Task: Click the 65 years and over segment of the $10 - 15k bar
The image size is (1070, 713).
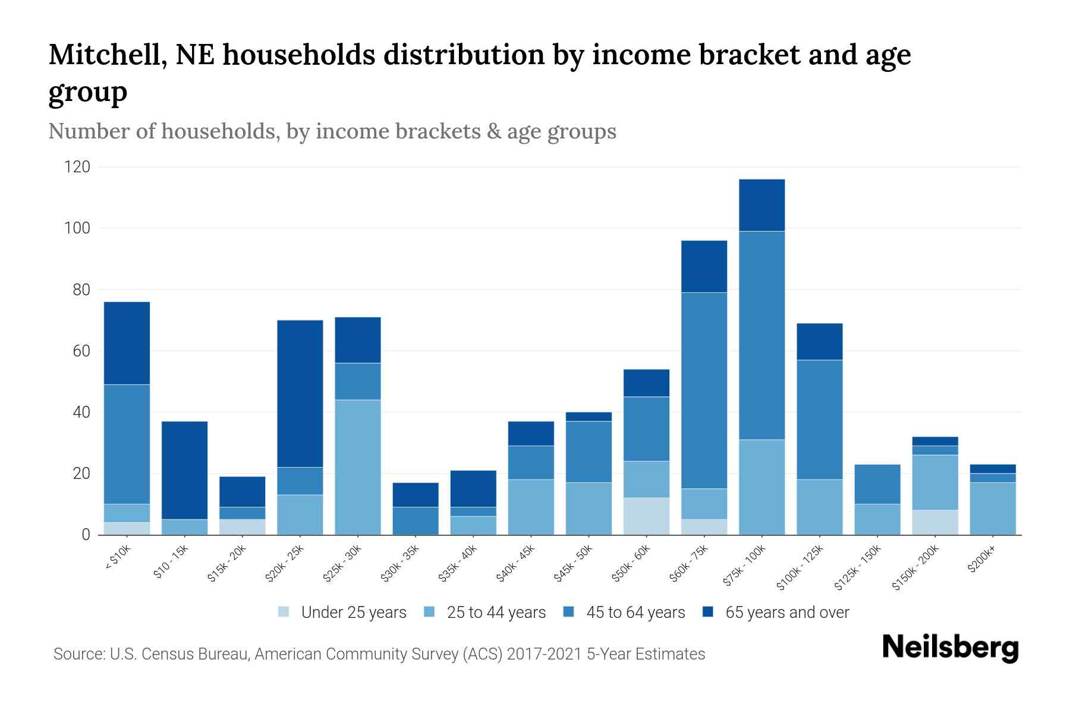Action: pos(184,470)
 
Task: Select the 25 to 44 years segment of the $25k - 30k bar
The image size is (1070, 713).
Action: pos(358,467)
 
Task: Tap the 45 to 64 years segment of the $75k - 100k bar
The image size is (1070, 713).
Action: pos(761,335)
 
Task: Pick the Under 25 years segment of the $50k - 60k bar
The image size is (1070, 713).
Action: pos(646,516)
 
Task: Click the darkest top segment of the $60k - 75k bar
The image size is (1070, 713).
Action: pos(704,266)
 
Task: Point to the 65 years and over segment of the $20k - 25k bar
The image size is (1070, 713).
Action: pos(300,393)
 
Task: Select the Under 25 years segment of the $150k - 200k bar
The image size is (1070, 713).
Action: pos(935,522)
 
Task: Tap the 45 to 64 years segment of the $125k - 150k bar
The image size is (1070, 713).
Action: pos(877,484)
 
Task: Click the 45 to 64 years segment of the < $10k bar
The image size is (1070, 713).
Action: pos(127,444)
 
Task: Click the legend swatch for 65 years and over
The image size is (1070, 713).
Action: pos(708,612)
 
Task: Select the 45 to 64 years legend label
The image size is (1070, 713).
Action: pos(635,613)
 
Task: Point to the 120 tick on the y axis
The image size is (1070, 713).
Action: pos(77,167)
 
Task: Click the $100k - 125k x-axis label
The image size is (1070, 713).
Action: pos(800,568)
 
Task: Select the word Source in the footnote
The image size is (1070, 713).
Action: pos(78,654)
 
